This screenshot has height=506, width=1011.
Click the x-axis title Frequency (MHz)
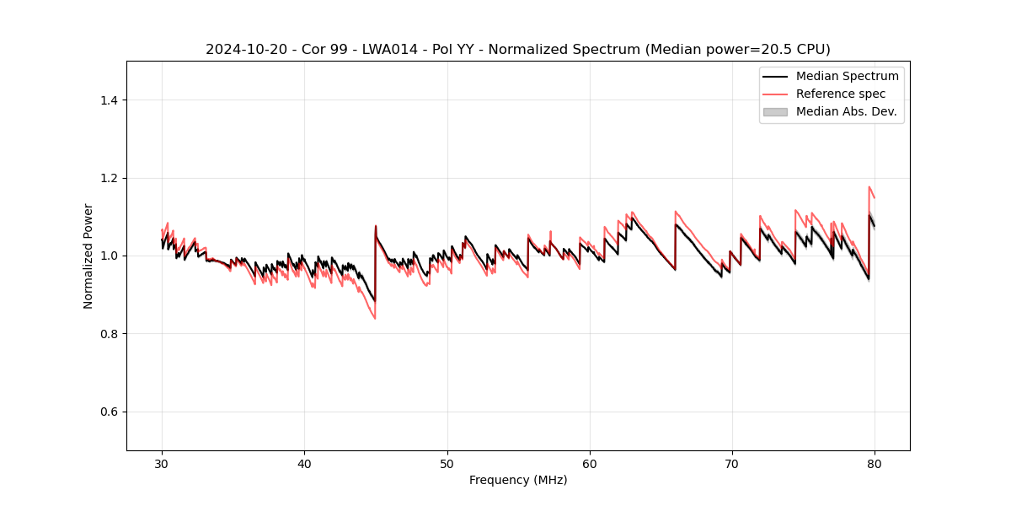click(518, 480)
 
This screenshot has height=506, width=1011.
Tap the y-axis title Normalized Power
click(88, 256)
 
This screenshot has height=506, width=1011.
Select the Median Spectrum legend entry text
click(847, 76)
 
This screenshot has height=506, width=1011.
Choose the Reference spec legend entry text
click(841, 94)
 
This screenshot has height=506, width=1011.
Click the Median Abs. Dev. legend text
click(846, 111)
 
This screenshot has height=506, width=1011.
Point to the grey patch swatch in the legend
click(774, 111)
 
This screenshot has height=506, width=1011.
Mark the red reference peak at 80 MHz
click(869, 187)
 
